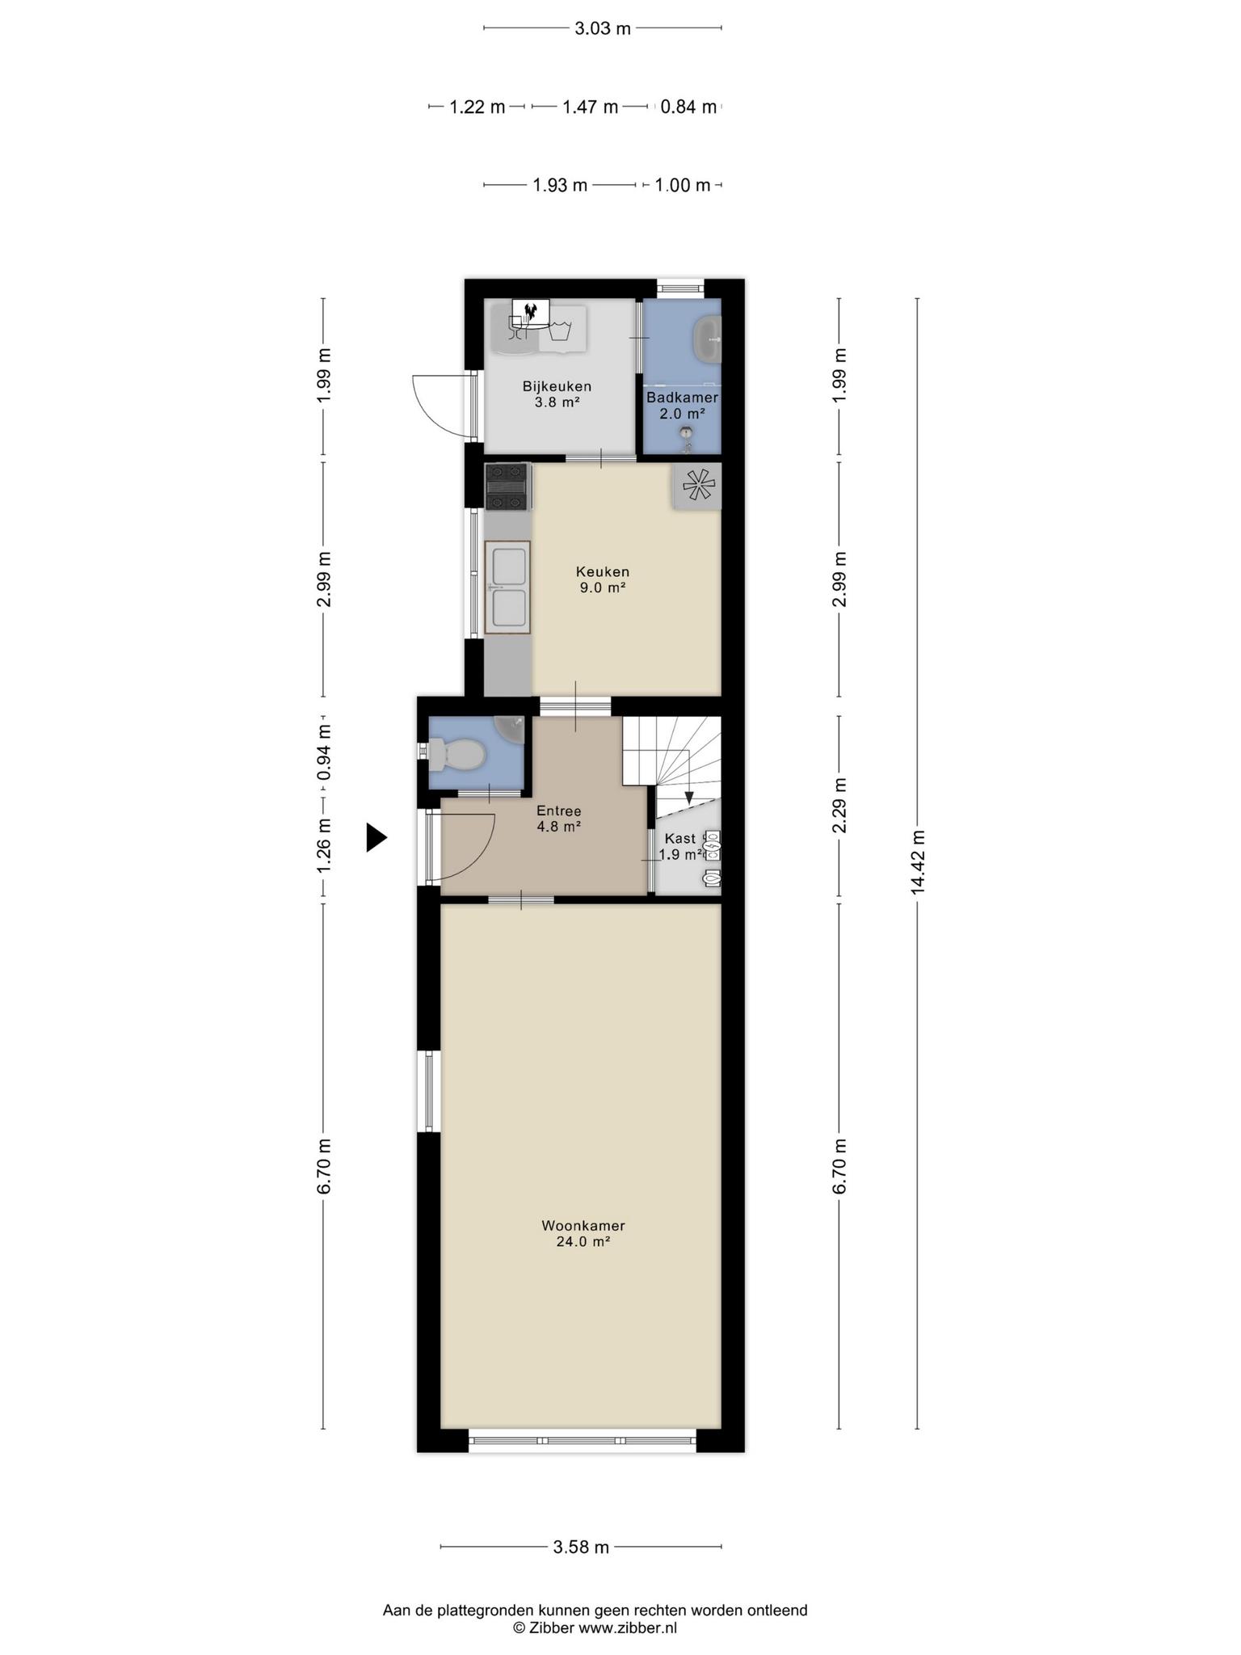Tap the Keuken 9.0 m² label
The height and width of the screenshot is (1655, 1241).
pos(603,579)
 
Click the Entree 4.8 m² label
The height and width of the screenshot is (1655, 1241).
pos(559,819)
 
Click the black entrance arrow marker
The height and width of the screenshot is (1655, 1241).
pos(377,837)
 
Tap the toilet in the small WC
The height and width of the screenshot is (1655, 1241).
pos(457,755)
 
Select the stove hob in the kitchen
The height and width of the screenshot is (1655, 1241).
pos(507,486)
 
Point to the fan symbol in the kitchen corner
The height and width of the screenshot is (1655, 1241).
pos(696,486)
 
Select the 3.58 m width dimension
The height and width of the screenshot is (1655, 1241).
pos(581,1547)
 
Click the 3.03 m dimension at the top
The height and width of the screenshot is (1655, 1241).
pos(603,28)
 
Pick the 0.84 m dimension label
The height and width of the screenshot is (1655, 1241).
pos(689,107)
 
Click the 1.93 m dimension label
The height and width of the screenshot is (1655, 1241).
pos(560,185)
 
